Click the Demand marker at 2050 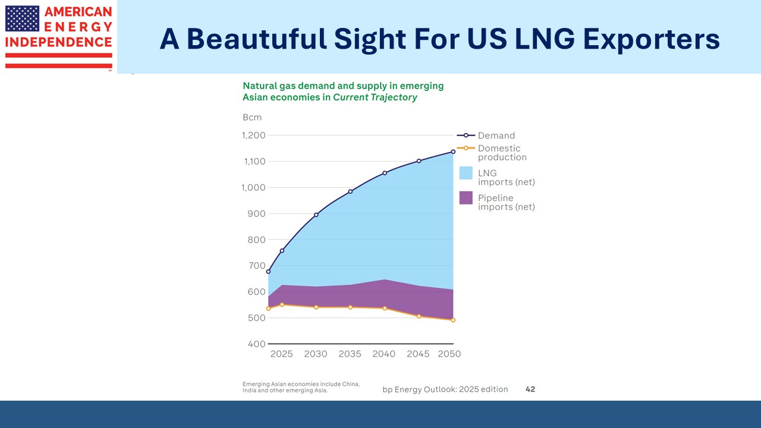coord(453,152)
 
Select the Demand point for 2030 coord(316,215)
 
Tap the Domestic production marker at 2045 coord(419,316)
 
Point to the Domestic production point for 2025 coord(282,305)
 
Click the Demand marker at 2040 coord(385,173)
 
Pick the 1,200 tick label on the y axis coord(253,136)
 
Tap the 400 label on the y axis coord(257,344)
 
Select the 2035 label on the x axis coord(350,354)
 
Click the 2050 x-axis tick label coord(449,354)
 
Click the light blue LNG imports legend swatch coord(466,173)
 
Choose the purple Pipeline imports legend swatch coord(466,198)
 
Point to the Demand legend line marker coord(466,136)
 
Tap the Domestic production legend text coord(502,153)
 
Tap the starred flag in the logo coord(22,18)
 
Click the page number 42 coord(530,389)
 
